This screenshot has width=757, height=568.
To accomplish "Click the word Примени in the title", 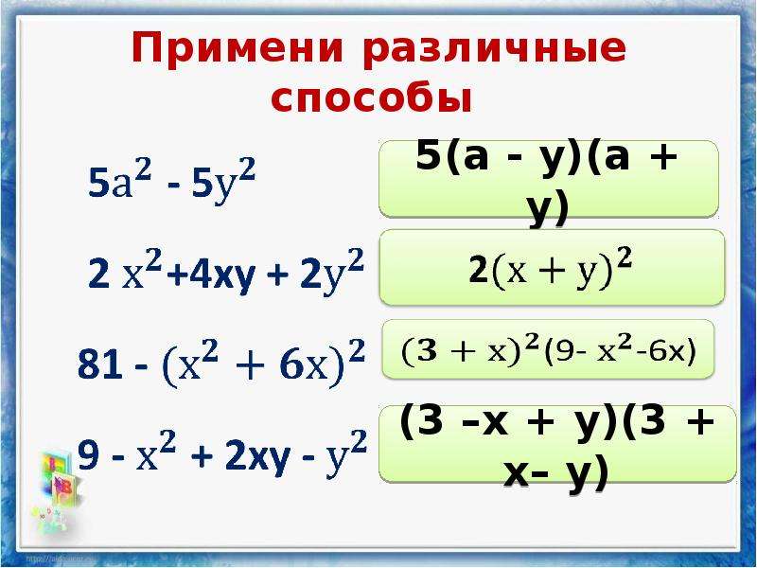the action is click(238, 49).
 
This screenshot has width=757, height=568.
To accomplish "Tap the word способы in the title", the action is click(371, 98).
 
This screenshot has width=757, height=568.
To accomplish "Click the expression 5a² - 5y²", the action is click(171, 181).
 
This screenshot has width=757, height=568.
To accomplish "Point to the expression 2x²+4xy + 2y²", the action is click(226, 272).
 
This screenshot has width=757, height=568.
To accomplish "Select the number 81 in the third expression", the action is click(100, 364).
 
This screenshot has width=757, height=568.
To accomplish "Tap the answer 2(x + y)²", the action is click(551, 270).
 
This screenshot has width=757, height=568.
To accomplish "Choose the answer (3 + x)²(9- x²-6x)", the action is click(549, 349).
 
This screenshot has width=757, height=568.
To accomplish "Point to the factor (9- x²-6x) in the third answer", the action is click(621, 350).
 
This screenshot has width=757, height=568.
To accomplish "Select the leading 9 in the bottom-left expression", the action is click(88, 455).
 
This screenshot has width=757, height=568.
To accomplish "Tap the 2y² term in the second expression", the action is click(332, 272).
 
